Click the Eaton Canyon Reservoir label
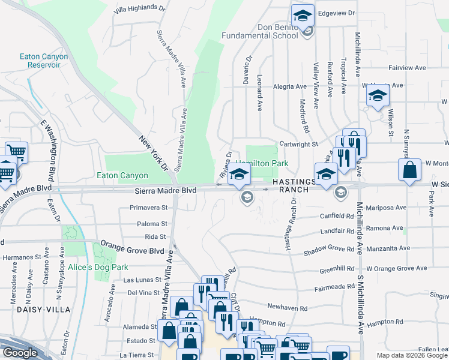click(x=44, y=61)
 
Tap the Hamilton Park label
click(x=262, y=163)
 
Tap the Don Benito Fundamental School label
click(x=260, y=31)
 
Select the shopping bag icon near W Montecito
click(x=409, y=170)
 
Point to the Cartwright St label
click(x=298, y=145)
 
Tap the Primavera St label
click(x=148, y=208)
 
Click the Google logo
click(x=19, y=353)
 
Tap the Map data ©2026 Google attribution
click(x=412, y=355)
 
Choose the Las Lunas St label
click(x=143, y=280)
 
